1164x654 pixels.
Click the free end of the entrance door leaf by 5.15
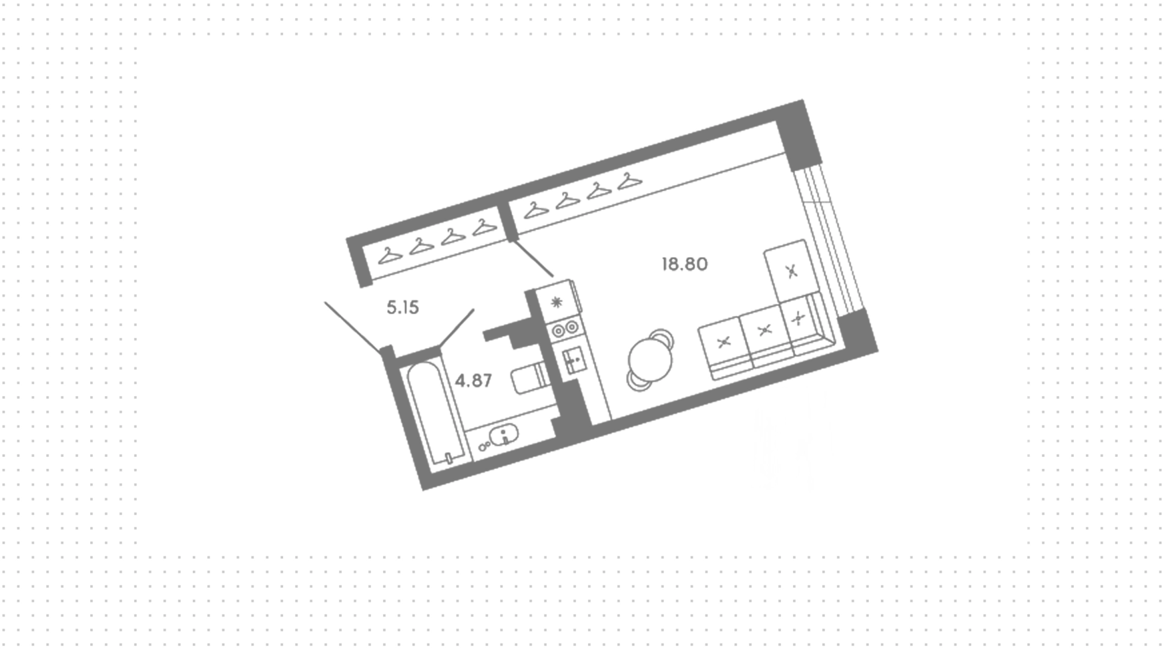click(x=326, y=302)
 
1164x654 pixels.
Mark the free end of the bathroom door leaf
click(x=473, y=310)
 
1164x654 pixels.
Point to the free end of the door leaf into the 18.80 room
click(x=553, y=277)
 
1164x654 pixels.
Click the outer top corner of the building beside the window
click(x=803, y=100)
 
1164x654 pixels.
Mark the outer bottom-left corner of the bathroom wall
click(x=423, y=490)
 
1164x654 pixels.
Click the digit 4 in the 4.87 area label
click(x=460, y=381)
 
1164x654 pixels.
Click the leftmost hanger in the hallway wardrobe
click(x=390, y=255)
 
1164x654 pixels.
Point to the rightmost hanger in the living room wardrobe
click(x=630, y=180)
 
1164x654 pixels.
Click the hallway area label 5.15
click(x=403, y=308)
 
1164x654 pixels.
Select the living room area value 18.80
click(x=684, y=265)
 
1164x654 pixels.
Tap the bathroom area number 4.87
click(x=473, y=381)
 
